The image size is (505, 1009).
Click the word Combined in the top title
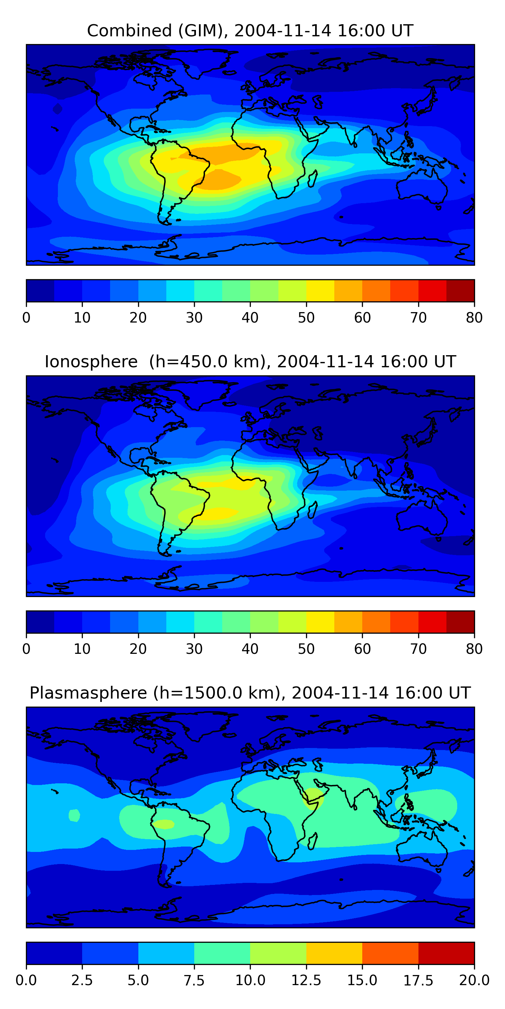[129, 31]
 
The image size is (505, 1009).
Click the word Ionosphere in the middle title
[91, 362]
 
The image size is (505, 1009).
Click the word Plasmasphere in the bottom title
[88, 693]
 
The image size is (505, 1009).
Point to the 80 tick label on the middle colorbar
[474, 649]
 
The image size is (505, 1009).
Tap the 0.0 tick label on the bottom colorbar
[26, 980]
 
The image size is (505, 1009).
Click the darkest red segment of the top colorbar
[460, 291]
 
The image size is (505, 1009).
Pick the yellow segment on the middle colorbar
[320, 622]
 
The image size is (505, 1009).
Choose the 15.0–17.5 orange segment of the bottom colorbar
[390, 953]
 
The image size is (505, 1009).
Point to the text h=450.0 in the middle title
[205, 362]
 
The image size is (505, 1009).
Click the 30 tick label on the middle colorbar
[194, 649]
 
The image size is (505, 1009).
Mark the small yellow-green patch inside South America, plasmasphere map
[164, 824]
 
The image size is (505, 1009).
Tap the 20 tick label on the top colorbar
[138, 317]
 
